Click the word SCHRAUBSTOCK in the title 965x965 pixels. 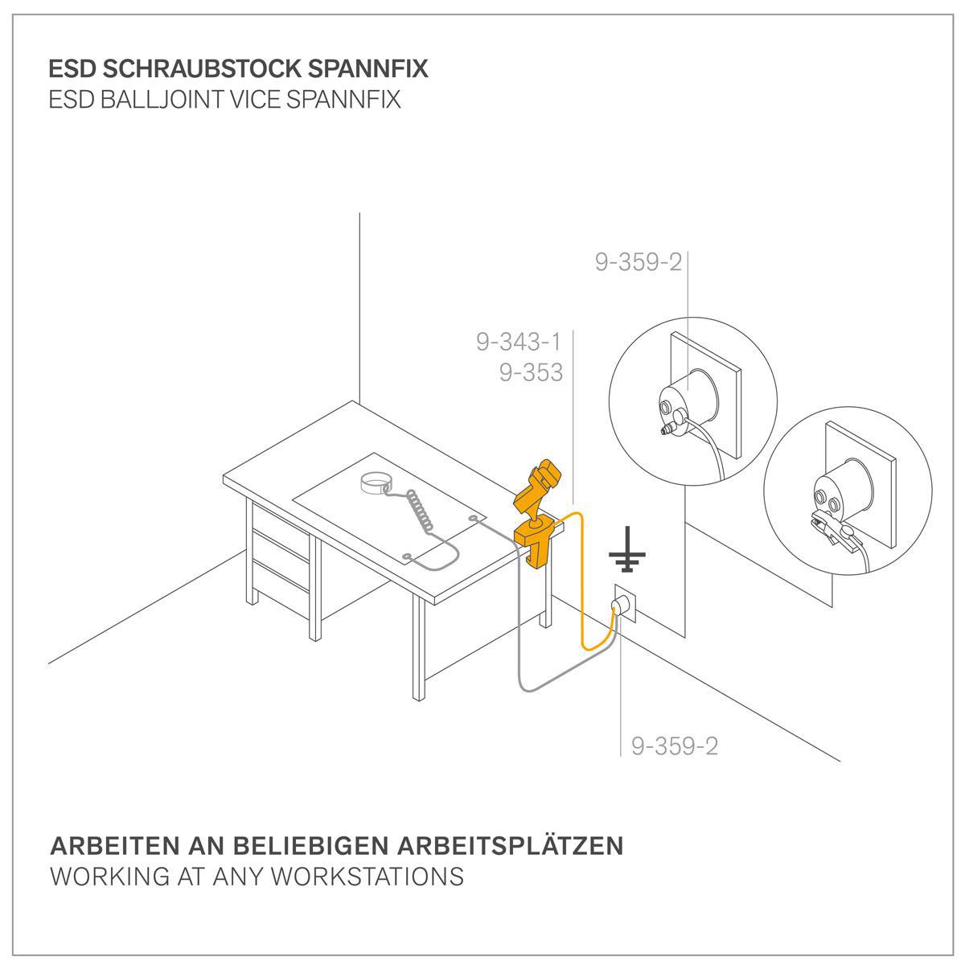pyautogui.click(x=204, y=69)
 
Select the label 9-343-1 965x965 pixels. pyautogui.click(x=519, y=342)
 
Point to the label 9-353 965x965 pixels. pyautogui.click(x=532, y=372)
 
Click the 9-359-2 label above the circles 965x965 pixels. pyautogui.click(x=639, y=262)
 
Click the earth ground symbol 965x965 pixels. pyautogui.click(x=626, y=549)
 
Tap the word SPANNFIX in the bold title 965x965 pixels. pyautogui.click(x=368, y=69)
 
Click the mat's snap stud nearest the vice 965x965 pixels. pyautogui.click(x=472, y=517)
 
